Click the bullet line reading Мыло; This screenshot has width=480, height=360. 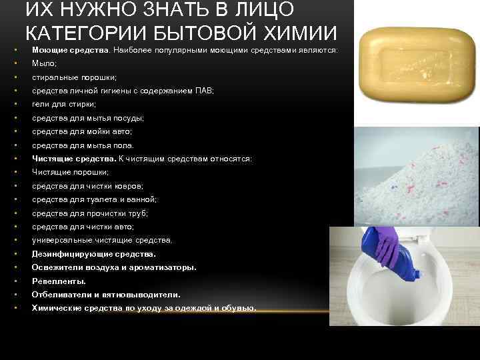click(44, 63)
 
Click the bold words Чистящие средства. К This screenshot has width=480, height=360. click(77, 159)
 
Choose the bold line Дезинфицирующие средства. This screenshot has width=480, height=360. click(93, 254)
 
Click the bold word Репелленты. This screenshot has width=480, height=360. click(58, 281)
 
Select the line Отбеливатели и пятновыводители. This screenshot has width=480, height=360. click(105, 294)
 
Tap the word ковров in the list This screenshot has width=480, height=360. click(129, 186)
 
